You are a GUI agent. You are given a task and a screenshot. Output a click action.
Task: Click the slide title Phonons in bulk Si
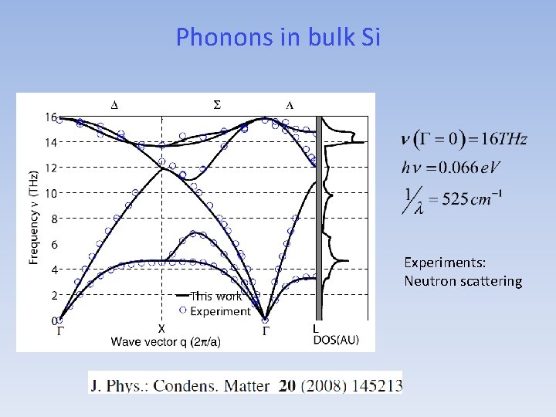coord(278,36)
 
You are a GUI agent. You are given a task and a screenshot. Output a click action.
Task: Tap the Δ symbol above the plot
coord(114,104)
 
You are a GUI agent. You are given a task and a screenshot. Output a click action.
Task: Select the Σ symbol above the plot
coord(216,104)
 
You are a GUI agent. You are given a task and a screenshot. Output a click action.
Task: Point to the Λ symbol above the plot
coord(290,104)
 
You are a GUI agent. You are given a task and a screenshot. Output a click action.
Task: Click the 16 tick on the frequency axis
coord(51,117)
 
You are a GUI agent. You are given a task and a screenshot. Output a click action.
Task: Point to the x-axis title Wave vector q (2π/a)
coord(166,342)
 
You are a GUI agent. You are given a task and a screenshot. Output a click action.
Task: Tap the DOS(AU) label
coord(336,341)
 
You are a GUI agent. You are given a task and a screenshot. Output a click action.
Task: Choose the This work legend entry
coord(218,296)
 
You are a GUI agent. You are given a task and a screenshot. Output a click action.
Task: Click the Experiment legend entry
coord(220,311)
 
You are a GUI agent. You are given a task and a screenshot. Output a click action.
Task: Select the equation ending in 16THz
coord(464,140)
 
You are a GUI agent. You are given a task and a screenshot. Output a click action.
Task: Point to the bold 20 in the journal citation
coord(286,385)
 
